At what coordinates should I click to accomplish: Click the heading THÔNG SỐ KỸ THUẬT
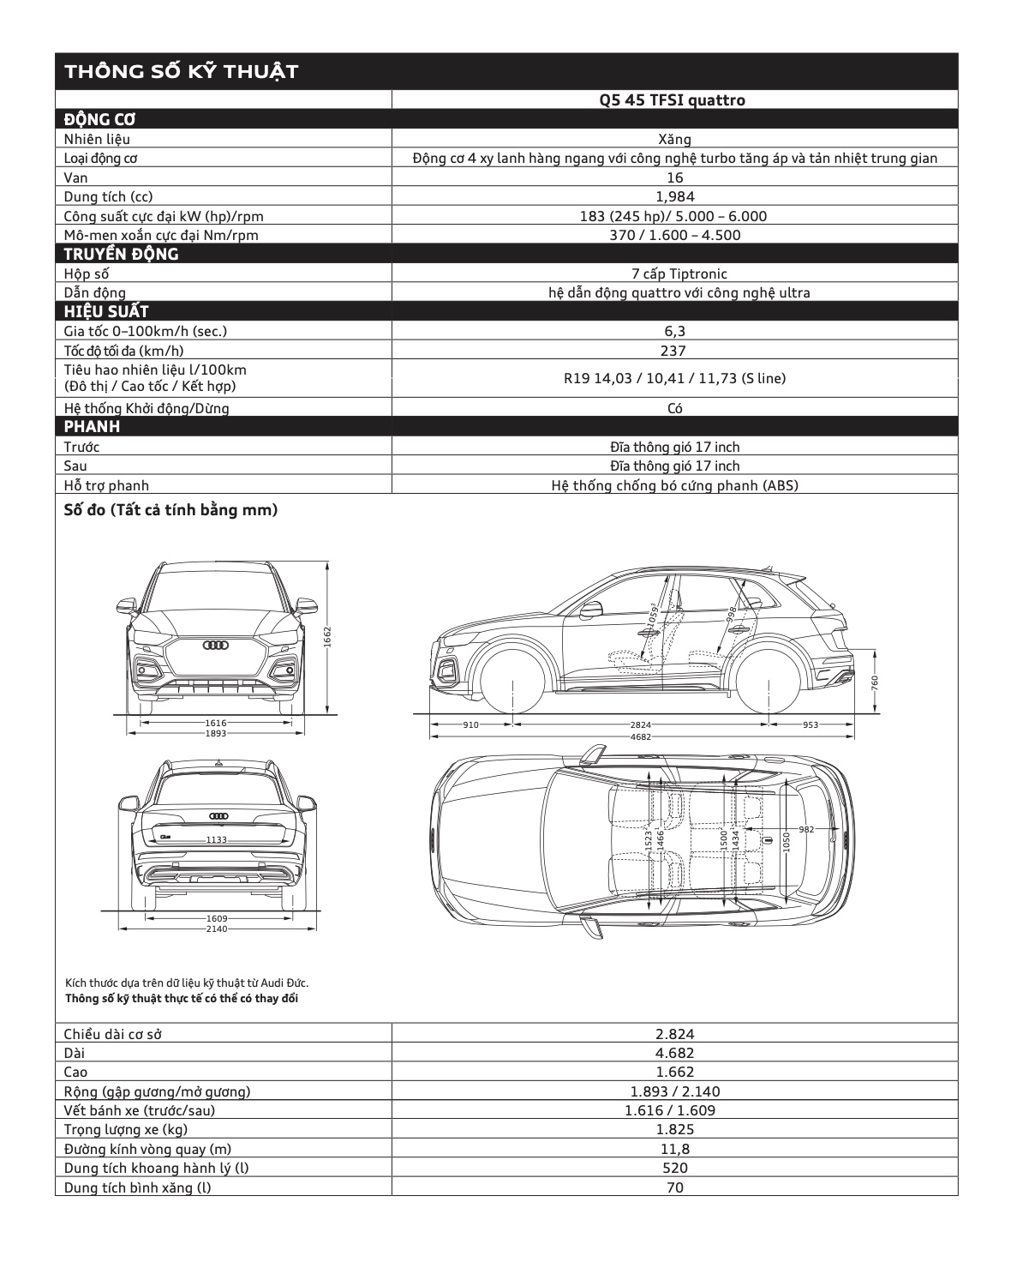pyautogui.click(x=181, y=71)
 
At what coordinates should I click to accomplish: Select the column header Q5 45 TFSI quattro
pyautogui.click(x=673, y=100)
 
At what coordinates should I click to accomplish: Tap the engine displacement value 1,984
pyautogui.click(x=674, y=197)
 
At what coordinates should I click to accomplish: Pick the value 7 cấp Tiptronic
pyautogui.click(x=674, y=274)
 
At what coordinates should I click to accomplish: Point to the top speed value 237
pyautogui.click(x=674, y=351)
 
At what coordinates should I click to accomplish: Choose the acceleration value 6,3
pyautogui.click(x=674, y=331)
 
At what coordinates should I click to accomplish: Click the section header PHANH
pyautogui.click(x=92, y=427)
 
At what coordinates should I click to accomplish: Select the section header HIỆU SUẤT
pyautogui.click(x=106, y=312)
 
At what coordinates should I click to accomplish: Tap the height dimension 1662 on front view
pyautogui.click(x=327, y=637)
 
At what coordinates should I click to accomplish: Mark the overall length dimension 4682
pyautogui.click(x=641, y=736)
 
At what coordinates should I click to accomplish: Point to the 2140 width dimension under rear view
pyautogui.click(x=216, y=929)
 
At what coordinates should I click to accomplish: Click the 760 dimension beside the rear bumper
pyautogui.click(x=875, y=682)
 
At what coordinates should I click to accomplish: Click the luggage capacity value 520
pyautogui.click(x=674, y=1169)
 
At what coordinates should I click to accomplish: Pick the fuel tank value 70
pyautogui.click(x=674, y=1188)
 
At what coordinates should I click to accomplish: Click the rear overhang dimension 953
pyautogui.click(x=811, y=725)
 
